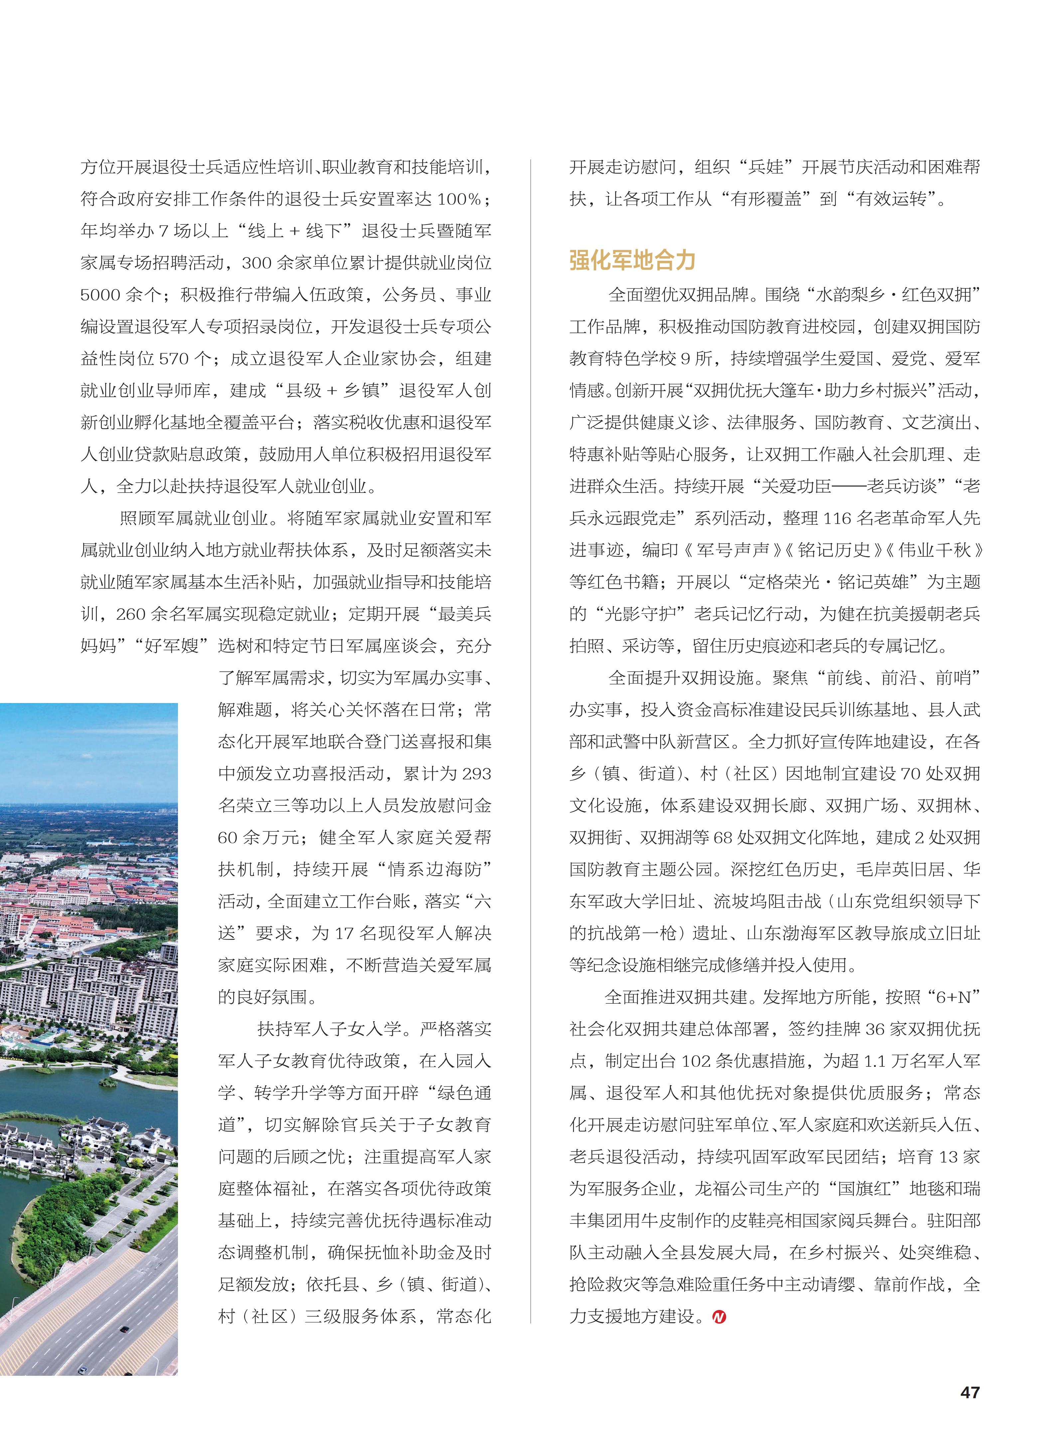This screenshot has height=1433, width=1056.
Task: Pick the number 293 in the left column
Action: pos(476,774)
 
